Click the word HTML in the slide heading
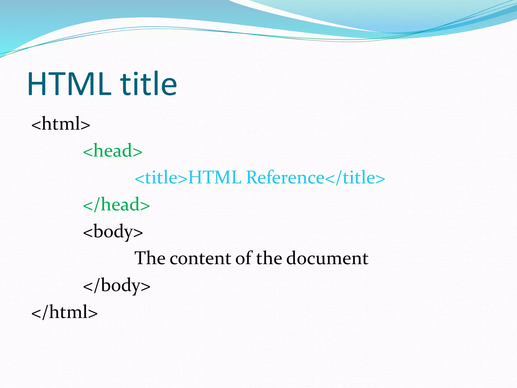pos(69,84)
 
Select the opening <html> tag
pos(61,124)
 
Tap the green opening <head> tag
pos(113,151)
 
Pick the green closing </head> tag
pos(116,205)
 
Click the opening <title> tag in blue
pos(161,178)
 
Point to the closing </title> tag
pos(355,178)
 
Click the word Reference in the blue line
pos(285,178)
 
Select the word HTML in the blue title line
pos(215,178)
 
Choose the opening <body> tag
pos(113,232)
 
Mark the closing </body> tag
pos(117,285)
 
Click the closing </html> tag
pos(64,312)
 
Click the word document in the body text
pos(327,258)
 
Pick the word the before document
pos(269,258)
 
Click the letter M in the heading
pos(88,84)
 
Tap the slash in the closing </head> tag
pos(97,205)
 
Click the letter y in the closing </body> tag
pos(136,287)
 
